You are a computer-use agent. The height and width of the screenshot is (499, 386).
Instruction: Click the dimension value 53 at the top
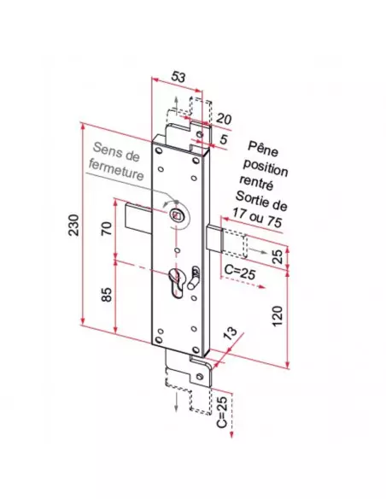click(178, 77)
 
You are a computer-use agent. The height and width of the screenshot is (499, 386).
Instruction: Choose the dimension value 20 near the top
click(223, 117)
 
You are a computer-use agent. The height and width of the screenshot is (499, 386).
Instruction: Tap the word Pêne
click(264, 146)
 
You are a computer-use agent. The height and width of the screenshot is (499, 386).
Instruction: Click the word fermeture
click(117, 173)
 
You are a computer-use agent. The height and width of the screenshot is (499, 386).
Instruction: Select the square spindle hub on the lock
click(176, 214)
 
